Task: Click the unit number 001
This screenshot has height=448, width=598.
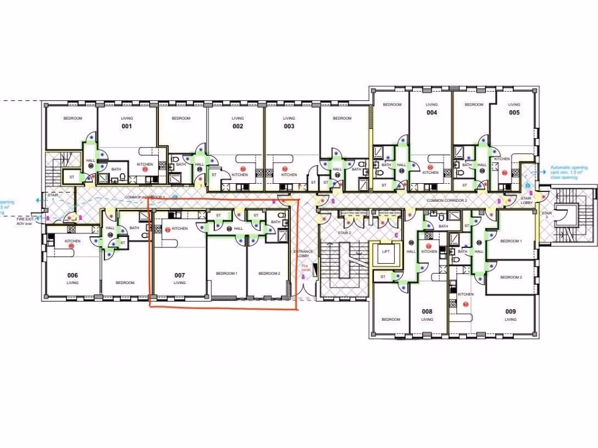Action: coord(126,127)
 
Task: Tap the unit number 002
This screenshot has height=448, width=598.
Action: coord(238,127)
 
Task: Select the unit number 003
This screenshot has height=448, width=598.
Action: coord(289,127)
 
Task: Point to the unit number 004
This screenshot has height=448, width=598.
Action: coord(432,113)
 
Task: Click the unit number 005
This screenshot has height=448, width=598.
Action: coord(514,113)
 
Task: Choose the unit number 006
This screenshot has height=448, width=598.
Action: coord(72,275)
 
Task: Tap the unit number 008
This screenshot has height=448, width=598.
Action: coord(427,311)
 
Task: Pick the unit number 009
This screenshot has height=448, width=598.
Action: coord(510,311)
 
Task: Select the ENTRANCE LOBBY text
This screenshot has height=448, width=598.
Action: coord(303,254)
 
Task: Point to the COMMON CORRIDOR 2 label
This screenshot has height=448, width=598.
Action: coord(447,201)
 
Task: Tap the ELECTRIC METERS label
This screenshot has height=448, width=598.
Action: coord(353,213)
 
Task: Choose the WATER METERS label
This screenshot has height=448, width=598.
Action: coord(390,213)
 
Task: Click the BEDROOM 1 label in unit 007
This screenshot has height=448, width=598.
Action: coord(227,274)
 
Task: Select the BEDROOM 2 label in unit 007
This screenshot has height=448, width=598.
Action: coord(269,274)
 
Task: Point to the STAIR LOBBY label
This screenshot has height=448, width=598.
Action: coord(527,200)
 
